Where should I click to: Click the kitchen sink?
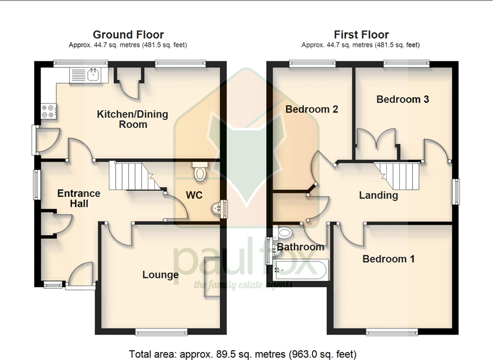tap(89, 75)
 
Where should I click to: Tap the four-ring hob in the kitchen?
tap(49, 111)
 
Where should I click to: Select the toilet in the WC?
tap(200, 171)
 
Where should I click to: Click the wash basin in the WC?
tap(216, 208)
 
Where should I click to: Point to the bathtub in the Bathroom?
tap(301, 270)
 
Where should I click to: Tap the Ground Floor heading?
tap(128, 34)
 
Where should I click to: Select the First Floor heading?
tap(362, 34)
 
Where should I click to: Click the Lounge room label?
tap(160, 275)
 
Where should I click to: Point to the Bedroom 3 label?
tap(402, 100)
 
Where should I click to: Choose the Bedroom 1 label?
tap(389, 259)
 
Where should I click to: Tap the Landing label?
tap(378, 195)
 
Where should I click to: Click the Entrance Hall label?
tap(79, 199)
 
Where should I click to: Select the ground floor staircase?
tap(135, 176)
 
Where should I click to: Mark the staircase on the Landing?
tap(397, 176)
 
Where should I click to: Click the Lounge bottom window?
tap(162, 332)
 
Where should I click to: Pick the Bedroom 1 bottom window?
tap(392, 332)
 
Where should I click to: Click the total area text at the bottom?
tap(243, 354)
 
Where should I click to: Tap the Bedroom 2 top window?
tap(313, 64)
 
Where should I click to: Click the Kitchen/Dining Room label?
tap(132, 119)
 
